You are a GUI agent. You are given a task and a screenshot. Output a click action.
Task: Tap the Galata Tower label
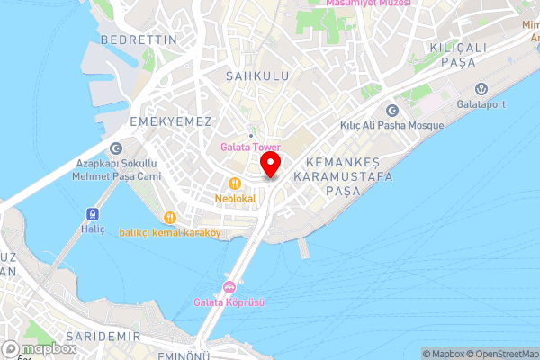[x=250, y=148]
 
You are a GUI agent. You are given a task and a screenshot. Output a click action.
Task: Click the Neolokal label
[x=236, y=198]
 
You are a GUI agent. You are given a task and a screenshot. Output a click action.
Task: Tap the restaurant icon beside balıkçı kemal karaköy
[x=169, y=217]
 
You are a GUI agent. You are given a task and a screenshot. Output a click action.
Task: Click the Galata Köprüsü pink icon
[x=229, y=288]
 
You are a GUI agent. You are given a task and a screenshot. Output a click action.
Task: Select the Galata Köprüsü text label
[x=229, y=302]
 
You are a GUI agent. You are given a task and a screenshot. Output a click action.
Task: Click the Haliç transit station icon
[x=91, y=214]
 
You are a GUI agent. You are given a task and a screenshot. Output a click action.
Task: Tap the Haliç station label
[x=91, y=229]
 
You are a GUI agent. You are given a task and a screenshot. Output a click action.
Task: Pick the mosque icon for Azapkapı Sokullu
[x=115, y=148]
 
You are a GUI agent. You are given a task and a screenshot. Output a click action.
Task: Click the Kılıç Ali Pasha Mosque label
[x=391, y=126]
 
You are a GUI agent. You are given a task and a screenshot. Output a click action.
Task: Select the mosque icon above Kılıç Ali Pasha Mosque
[x=391, y=111]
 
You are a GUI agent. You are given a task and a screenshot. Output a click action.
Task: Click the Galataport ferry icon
[x=481, y=88]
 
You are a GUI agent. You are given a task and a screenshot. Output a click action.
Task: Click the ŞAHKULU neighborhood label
[x=257, y=76]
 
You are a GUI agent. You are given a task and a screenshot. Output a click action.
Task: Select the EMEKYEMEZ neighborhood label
[x=170, y=121]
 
